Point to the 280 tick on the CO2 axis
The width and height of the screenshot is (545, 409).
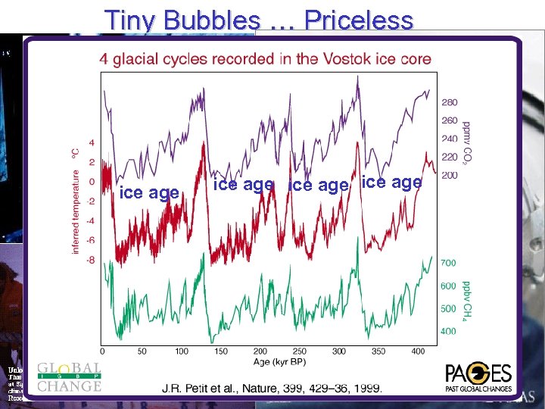point(450,102)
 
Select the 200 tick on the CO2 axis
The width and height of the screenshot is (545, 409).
point(450,175)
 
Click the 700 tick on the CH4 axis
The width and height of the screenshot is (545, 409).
point(450,262)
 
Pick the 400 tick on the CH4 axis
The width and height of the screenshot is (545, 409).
point(450,331)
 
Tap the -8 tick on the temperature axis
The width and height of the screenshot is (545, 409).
point(91,260)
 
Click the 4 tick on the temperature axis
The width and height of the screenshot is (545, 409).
point(92,142)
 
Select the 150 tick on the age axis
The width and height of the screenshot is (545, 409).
point(221,351)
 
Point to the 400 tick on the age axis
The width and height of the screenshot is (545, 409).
point(418,351)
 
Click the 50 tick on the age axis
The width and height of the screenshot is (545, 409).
point(142,351)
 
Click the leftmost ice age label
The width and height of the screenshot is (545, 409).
point(149,193)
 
